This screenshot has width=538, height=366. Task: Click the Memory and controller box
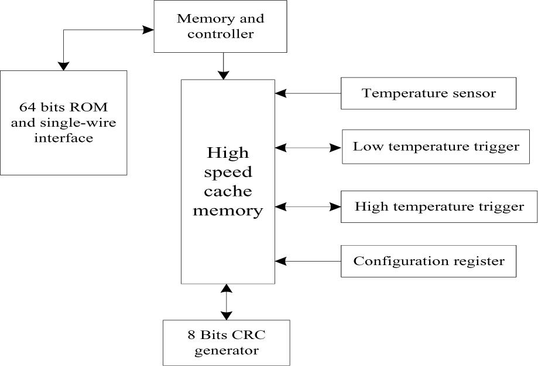pyautogui.click(x=220, y=26)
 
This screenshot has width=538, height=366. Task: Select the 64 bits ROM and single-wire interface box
pyautogui.click(x=63, y=123)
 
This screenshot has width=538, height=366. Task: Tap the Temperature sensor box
pyautogui.click(x=429, y=93)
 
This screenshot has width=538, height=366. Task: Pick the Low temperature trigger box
pyautogui.click(x=436, y=147)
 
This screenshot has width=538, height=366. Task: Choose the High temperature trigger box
pyautogui.click(x=439, y=206)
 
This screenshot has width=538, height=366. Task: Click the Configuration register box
pyautogui.click(x=429, y=261)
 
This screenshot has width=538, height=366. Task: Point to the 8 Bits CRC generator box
pyautogui.click(x=226, y=343)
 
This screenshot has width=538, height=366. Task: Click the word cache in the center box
pyautogui.click(x=228, y=191)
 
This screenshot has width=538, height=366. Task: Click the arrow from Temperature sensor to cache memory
pyautogui.click(x=308, y=93)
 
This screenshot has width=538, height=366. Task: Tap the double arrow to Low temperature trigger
pyautogui.click(x=308, y=148)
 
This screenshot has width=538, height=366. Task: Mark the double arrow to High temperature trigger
pyautogui.click(x=308, y=206)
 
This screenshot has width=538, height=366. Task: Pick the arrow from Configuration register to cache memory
pyautogui.click(x=308, y=261)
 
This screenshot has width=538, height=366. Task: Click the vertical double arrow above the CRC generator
pyautogui.click(x=225, y=301)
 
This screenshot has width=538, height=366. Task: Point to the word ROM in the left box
pyautogui.click(x=95, y=109)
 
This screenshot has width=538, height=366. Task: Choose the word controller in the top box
pyautogui.click(x=220, y=34)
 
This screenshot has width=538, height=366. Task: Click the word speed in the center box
pyautogui.click(x=228, y=172)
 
